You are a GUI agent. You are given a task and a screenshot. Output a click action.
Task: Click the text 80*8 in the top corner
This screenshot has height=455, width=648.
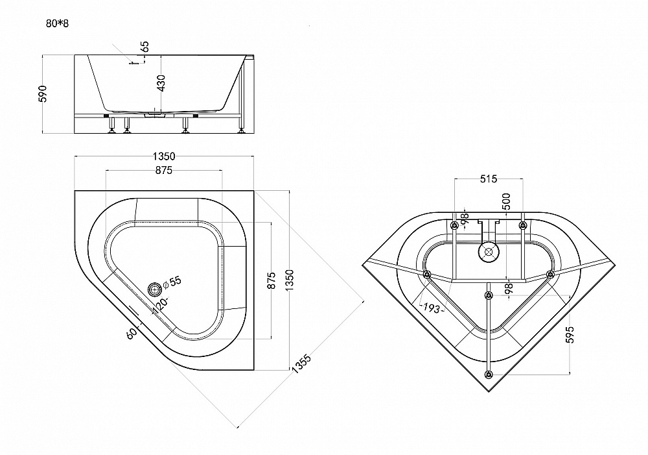click(x=57, y=23)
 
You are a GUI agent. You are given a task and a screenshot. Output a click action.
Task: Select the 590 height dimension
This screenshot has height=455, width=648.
click(x=43, y=93)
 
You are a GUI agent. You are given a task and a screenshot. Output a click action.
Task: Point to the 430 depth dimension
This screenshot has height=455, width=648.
click(x=161, y=83)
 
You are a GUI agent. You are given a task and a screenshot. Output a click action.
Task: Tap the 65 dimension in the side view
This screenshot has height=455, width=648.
click(x=145, y=46)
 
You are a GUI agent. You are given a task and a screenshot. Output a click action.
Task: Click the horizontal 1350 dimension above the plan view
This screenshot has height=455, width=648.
click(x=164, y=156)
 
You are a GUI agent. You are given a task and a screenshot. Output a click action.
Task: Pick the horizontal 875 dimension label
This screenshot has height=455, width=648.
click(x=164, y=170)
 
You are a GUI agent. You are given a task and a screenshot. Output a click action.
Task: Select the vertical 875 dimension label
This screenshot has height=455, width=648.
click(x=271, y=280)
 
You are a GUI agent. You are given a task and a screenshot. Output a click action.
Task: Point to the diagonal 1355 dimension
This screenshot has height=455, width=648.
click(x=301, y=364)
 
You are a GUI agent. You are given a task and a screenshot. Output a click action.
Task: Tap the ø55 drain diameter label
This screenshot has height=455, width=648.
click(x=172, y=282)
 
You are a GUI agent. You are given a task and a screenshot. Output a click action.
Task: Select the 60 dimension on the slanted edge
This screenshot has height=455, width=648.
click(x=131, y=333)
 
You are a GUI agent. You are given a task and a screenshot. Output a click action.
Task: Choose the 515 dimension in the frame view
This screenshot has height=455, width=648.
click(x=489, y=179)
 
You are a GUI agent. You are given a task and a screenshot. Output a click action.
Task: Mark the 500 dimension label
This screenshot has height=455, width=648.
click(x=507, y=202)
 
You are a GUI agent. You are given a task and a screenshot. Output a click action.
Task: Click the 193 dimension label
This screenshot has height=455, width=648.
click(x=431, y=308)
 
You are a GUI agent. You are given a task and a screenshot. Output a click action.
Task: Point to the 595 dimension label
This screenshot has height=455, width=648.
click(x=570, y=334)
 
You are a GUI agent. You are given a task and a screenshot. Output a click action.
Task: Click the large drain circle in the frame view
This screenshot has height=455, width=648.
click(x=489, y=252)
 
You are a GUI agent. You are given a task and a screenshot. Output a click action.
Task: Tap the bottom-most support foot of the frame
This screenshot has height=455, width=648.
click(x=489, y=375)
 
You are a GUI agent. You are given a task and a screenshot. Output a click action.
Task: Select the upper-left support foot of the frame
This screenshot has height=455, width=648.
click(x=455, y=225)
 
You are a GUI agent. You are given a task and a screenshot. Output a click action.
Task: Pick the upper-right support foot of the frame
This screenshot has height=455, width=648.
click(x=523, y=225)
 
